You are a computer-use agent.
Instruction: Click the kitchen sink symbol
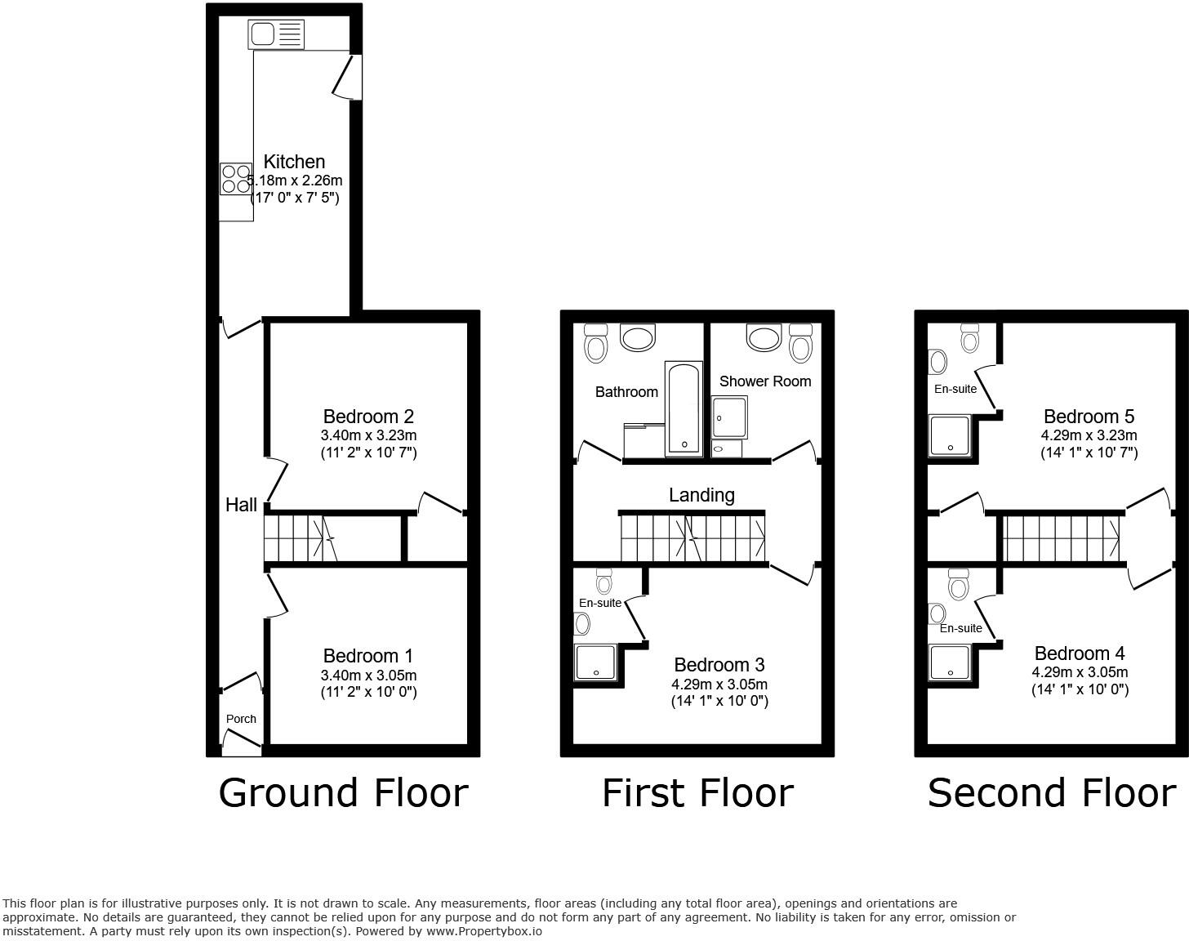[x=276, y=34]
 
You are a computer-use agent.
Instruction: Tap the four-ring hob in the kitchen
[x=236, y=179]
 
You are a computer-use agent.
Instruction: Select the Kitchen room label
[x=294, y=162]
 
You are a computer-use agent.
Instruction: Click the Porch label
[x=241, y=719]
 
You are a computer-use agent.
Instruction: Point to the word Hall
[x=241, y=505]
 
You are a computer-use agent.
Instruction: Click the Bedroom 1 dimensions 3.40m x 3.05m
[x=368, y=676]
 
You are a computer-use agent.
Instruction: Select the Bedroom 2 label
[x=368, y=417]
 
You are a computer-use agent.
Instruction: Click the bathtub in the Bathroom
[x=683, y=408]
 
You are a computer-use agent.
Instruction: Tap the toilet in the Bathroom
[x=596, y=343]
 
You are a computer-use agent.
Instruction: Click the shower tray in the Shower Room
[x=729, y=417]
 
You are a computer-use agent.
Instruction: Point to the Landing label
[x=701, y=495]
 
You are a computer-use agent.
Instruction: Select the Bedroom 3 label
[x=719, y=665]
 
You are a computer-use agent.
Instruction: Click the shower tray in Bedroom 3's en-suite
[x=595, y=662]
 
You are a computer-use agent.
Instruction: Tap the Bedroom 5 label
[x=1089, y=417]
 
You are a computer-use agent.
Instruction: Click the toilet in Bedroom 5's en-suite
[x=969, y=337]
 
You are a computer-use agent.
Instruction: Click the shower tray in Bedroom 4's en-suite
[x=950, y=662]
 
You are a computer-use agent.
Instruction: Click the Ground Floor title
[x=343, y=793]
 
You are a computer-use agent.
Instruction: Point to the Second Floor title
[x=1051, y=793]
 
